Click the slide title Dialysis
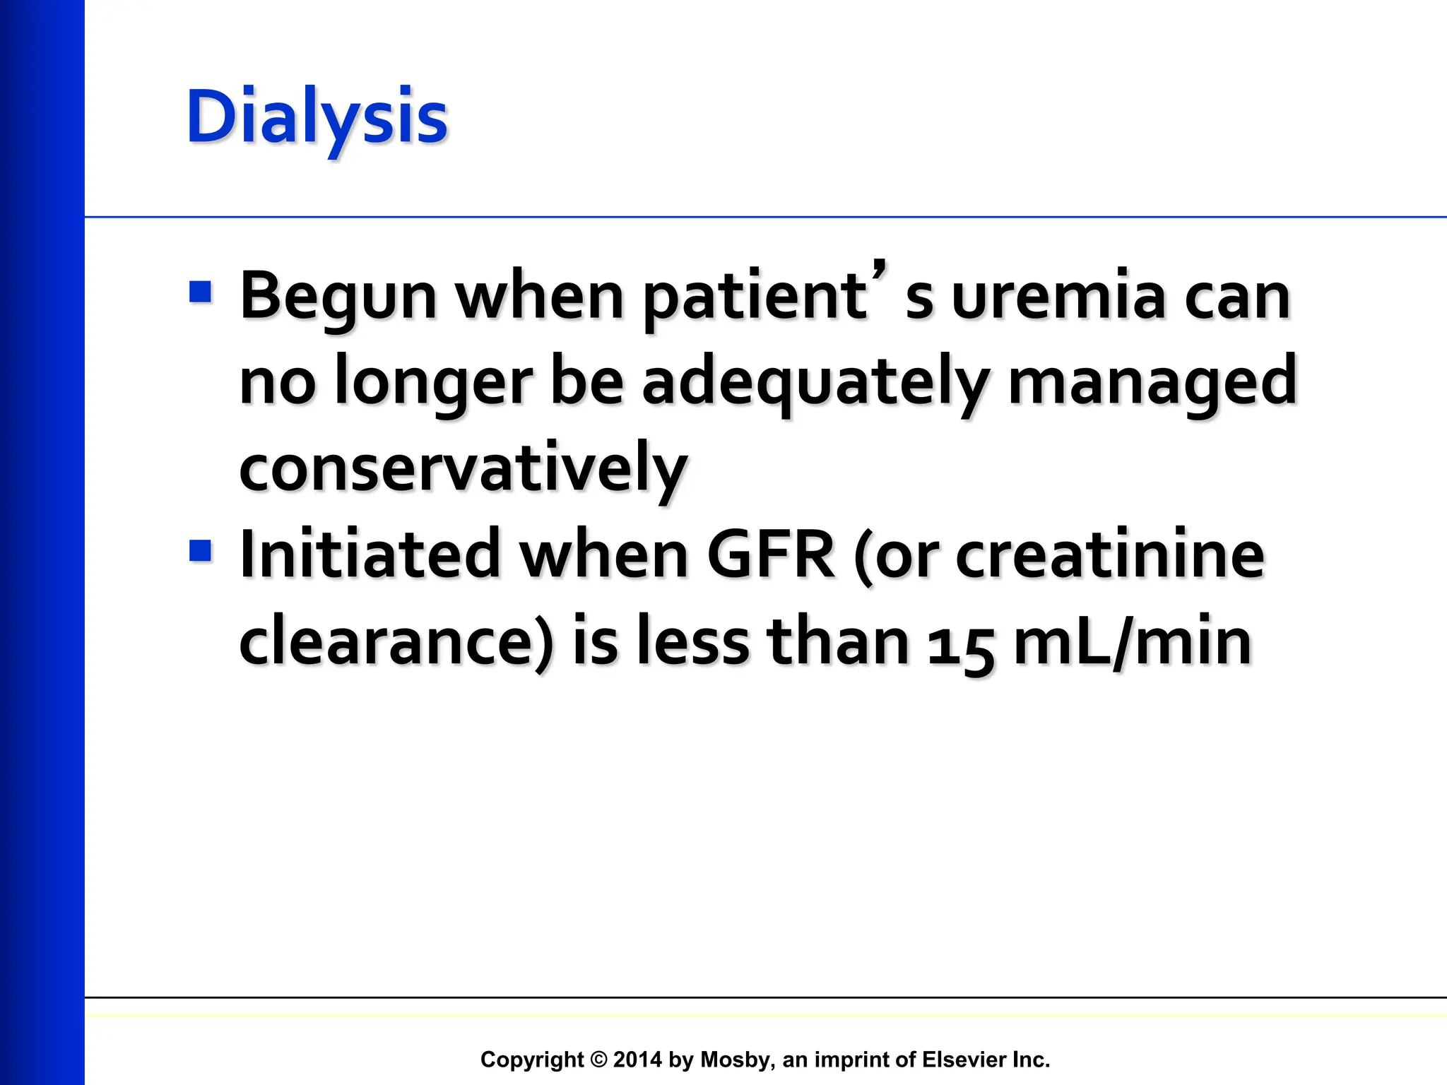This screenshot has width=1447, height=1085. point(317,118)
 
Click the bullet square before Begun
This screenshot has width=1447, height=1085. point(201,292)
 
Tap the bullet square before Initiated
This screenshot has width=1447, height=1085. point(201,551)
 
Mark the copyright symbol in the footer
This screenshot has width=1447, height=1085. point(598,1060)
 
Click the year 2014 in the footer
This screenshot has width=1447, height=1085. point(637,1060)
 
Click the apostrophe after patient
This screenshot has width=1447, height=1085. point(878,271)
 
